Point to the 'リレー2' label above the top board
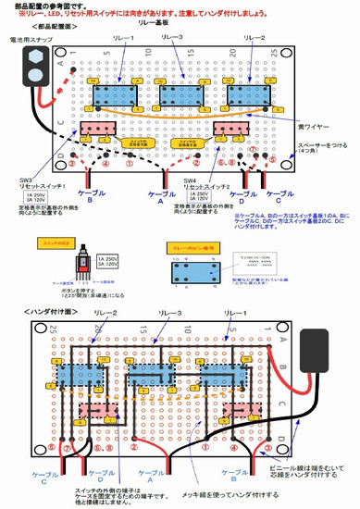pyautogui.click(x=255, y=40)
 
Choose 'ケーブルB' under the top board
pyautogui.click(x=90, y=198)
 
